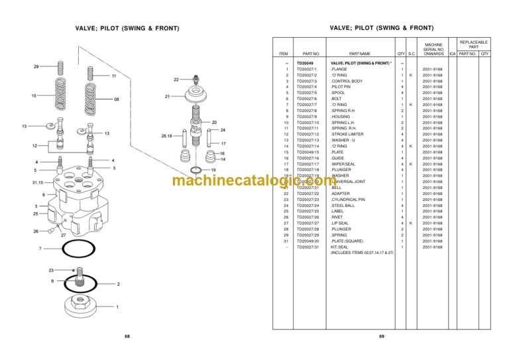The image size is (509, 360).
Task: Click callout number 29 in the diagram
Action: (36, 66)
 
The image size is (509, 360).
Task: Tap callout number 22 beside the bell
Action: (176, 80)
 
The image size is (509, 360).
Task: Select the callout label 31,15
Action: (38, 182)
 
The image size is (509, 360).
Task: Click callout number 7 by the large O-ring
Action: (40, 249)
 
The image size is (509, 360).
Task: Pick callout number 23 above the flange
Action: (51, 270)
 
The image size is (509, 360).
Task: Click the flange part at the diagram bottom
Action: (85, 306)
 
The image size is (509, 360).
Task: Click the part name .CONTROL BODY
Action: (347, 81)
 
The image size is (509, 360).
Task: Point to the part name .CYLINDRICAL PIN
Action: (349, 199)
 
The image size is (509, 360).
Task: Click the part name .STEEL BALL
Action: (343, 205)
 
